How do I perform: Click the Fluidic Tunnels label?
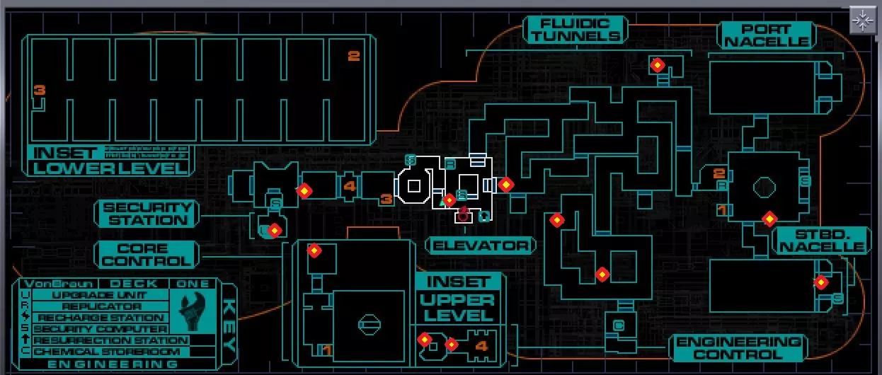575,30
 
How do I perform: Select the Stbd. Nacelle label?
822,240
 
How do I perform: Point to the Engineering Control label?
738,348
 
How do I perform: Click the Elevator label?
481,246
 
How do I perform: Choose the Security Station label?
147,214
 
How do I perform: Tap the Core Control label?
147,255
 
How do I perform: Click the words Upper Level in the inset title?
457,306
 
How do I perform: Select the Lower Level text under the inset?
110,168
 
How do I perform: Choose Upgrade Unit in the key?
100,295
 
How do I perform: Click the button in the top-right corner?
863,21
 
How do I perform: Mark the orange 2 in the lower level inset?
354,57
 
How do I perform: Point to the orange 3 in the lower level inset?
40,90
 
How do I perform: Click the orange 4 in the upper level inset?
482,346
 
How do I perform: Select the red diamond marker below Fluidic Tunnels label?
657,65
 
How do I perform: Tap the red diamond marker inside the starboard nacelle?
820,282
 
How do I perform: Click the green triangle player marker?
442,203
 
